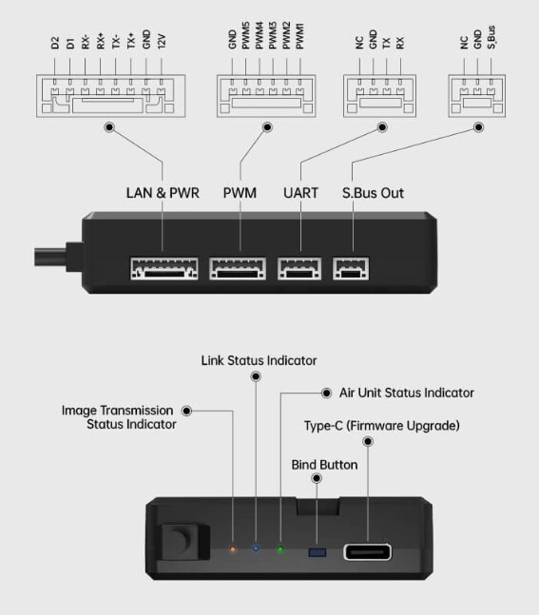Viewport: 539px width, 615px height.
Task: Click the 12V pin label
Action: coord(162,41)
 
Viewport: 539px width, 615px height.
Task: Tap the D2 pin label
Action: coord(55,43)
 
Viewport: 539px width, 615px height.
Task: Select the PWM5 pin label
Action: coord(245,36)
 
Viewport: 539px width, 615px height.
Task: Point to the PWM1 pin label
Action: coord(299,36)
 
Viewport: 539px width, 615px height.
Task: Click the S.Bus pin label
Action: coord(491,37)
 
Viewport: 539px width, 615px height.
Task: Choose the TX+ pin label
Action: coord(131,41)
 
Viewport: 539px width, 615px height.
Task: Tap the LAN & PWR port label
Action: coord(163,193)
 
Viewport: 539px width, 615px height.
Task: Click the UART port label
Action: coord(301,193)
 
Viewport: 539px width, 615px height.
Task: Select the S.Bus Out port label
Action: coord(373,193)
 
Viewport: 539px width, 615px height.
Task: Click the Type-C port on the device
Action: coord(368,552)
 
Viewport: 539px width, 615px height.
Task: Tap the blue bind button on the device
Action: coord(318,552)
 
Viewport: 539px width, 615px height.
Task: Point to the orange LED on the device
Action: coord(233,549)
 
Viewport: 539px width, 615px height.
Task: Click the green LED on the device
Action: coord(280,549)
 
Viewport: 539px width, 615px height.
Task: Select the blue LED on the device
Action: coord(256,548)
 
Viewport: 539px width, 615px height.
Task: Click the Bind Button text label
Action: coord(324,465)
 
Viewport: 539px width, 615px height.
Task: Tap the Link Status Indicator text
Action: coord(259,360)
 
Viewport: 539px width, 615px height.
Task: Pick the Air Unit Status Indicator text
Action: coord(407,393)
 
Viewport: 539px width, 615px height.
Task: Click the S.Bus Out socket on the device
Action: coord(351,268)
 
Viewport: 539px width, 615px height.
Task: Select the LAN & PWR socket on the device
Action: coord(164,268)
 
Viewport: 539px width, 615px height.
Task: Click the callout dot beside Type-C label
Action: coord(368,442)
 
